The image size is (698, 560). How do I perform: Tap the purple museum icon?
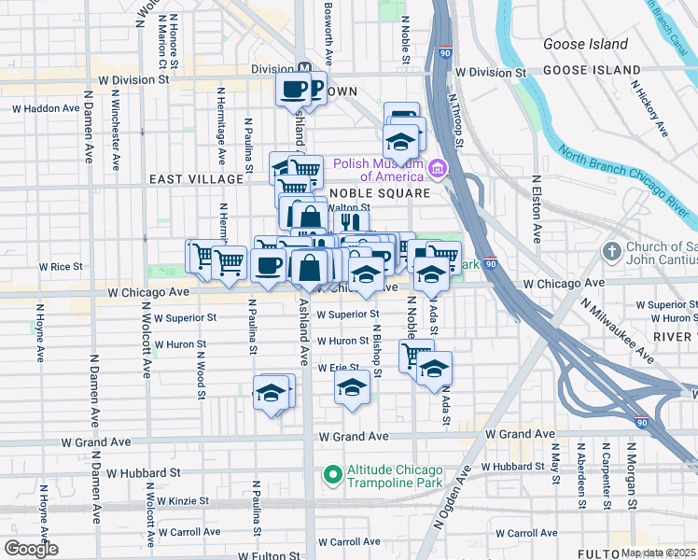click(x=437, y=168)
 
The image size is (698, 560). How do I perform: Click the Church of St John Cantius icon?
click(x=611, y=250)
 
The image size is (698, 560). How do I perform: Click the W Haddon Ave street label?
click(x=46, y=108)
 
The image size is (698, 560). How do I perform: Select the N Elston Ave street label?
click(x=537, y=211)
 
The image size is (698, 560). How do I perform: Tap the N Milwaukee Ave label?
click(x=617, y=329)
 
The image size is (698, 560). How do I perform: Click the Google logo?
click(x=30, y=549)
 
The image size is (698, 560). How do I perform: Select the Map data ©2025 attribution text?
click(x=659, y=553)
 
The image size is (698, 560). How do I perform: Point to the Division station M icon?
click(x=304, y=67)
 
